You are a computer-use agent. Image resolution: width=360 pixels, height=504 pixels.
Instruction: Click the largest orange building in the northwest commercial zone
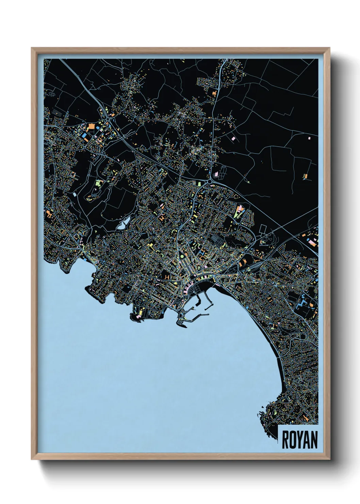point(91,127)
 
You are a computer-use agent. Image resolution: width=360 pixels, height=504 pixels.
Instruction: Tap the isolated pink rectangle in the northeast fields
point(309,138)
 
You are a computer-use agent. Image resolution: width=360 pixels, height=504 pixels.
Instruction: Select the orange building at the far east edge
point(306,176)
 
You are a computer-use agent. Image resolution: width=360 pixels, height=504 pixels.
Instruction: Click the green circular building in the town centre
point(182,255)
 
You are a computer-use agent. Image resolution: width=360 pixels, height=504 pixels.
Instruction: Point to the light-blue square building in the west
point(75,194)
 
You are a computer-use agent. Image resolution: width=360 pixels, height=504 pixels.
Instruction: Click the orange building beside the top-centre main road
point(214,92)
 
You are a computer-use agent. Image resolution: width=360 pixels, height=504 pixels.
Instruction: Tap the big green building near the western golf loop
point(99,184)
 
